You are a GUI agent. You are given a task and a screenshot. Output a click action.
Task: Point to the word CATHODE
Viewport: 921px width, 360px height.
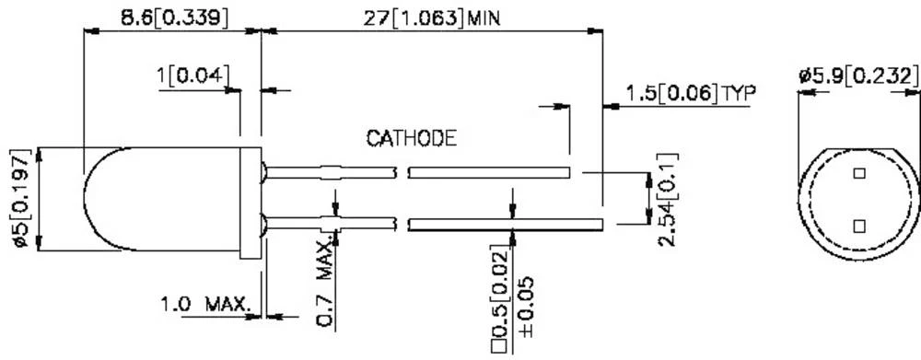click(412, 139)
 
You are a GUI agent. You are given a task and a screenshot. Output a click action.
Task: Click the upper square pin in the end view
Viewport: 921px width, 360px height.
click(859, 173)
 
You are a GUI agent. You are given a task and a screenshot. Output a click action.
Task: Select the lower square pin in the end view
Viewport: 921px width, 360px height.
click(859, 226)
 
